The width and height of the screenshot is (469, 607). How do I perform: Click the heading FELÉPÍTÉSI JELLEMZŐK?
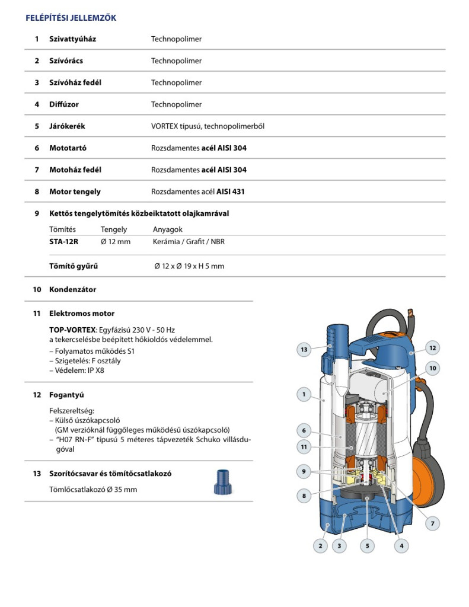click(71, 18)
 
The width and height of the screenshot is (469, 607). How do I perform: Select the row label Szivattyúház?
click(72, 39)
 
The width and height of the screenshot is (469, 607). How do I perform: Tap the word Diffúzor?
click(64, 104)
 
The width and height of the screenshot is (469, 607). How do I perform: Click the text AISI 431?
click(230, 191)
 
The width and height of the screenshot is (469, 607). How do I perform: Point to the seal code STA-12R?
click(63, 242)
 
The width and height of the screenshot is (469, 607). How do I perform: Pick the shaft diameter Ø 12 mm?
click(116, 242)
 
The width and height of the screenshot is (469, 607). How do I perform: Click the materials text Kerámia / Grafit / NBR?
click(189, 242)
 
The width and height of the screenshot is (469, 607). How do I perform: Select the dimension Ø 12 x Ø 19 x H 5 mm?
click(189, 266)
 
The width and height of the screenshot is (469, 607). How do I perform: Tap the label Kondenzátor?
click(72, 290)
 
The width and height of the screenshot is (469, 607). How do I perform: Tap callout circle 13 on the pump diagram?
click(304, 350)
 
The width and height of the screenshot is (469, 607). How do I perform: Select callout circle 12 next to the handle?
click(433, 348)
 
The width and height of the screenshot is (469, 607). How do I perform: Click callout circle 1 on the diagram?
click(304, 394)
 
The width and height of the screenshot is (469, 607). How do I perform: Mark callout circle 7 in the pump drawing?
click(433, 523)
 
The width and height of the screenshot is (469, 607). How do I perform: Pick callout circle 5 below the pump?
click(367, 545)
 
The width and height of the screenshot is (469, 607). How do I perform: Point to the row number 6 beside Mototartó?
click(37, 148)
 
